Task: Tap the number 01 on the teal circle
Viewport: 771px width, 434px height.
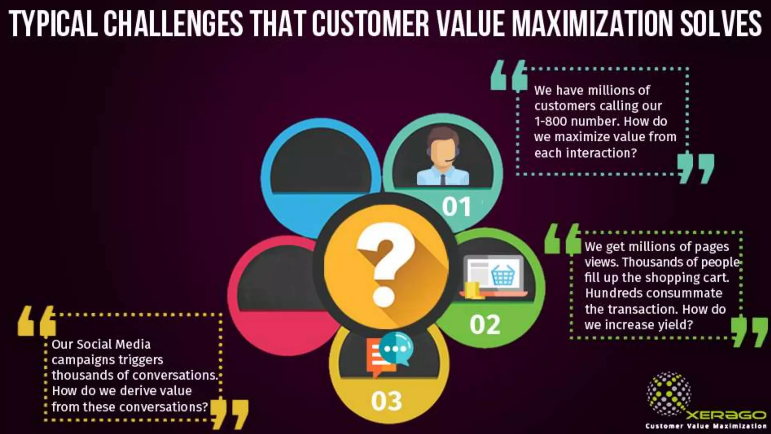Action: (x=456, y=206)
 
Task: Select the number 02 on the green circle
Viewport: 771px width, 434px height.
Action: (x=485, y=324)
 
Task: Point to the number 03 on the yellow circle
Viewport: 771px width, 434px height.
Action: (x=387, y=401)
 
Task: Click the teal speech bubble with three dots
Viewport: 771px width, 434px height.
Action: (x=396, y=348)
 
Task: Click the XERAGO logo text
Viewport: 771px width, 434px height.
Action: (x=727, y=415)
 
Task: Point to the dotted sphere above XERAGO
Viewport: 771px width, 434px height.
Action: (x=668, y=394)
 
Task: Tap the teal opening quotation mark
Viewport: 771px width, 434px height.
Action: (x=509, y=75)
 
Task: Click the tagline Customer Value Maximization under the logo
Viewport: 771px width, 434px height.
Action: (x=706, y=426)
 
